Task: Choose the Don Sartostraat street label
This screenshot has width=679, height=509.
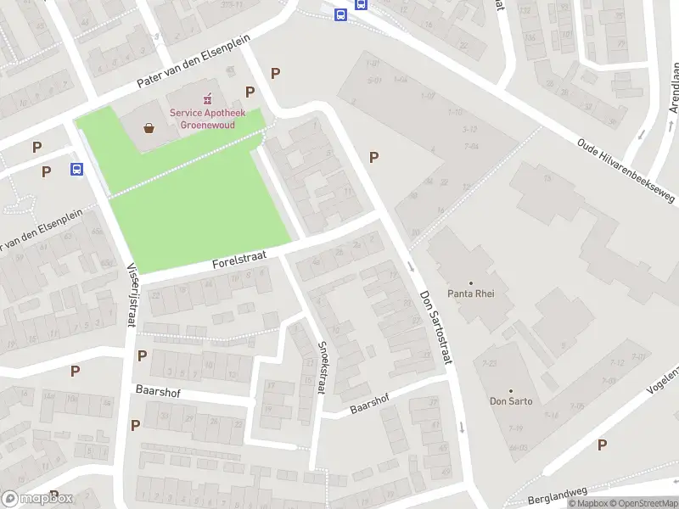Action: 436,327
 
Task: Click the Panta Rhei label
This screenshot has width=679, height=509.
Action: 470,294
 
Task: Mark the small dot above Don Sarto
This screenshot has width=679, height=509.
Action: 511,391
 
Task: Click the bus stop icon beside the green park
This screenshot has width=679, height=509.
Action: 76,169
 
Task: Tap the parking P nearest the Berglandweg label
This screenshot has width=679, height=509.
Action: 602,445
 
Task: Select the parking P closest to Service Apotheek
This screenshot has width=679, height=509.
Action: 250,92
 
